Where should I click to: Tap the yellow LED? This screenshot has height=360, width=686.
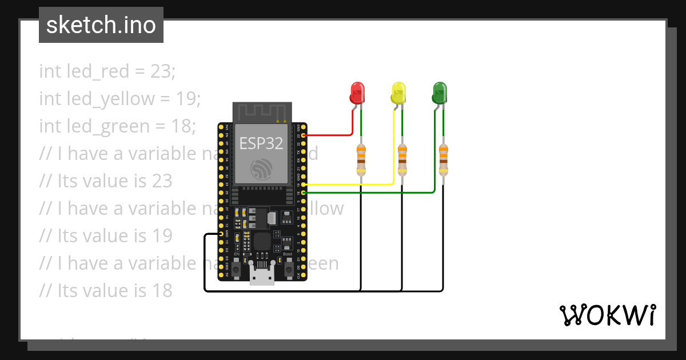[398, 92]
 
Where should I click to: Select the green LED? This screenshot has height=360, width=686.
[440, 92]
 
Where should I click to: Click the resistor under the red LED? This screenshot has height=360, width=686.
[361, 159]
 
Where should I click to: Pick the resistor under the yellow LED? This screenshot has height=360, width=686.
[402, 159]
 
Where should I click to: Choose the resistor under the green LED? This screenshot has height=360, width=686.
[444, 159]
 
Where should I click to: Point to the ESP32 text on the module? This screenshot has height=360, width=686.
[261, 143]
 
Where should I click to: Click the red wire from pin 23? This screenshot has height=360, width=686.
[332, 135]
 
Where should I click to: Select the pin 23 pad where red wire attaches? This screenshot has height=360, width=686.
[304, 135]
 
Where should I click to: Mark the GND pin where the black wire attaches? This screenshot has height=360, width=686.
[221, 234]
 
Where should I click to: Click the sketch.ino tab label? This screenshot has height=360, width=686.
[101, 25]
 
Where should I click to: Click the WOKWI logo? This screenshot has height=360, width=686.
[607, 315]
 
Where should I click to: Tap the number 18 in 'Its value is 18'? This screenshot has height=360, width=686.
[161, 290]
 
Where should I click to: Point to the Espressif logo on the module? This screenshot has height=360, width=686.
[261, 169]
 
